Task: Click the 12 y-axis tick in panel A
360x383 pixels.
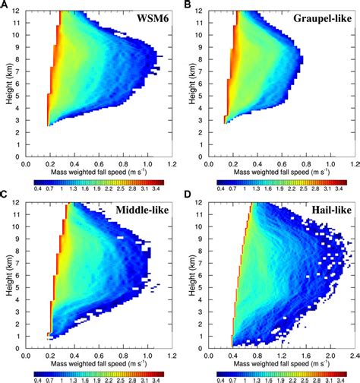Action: tap(16, 11)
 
